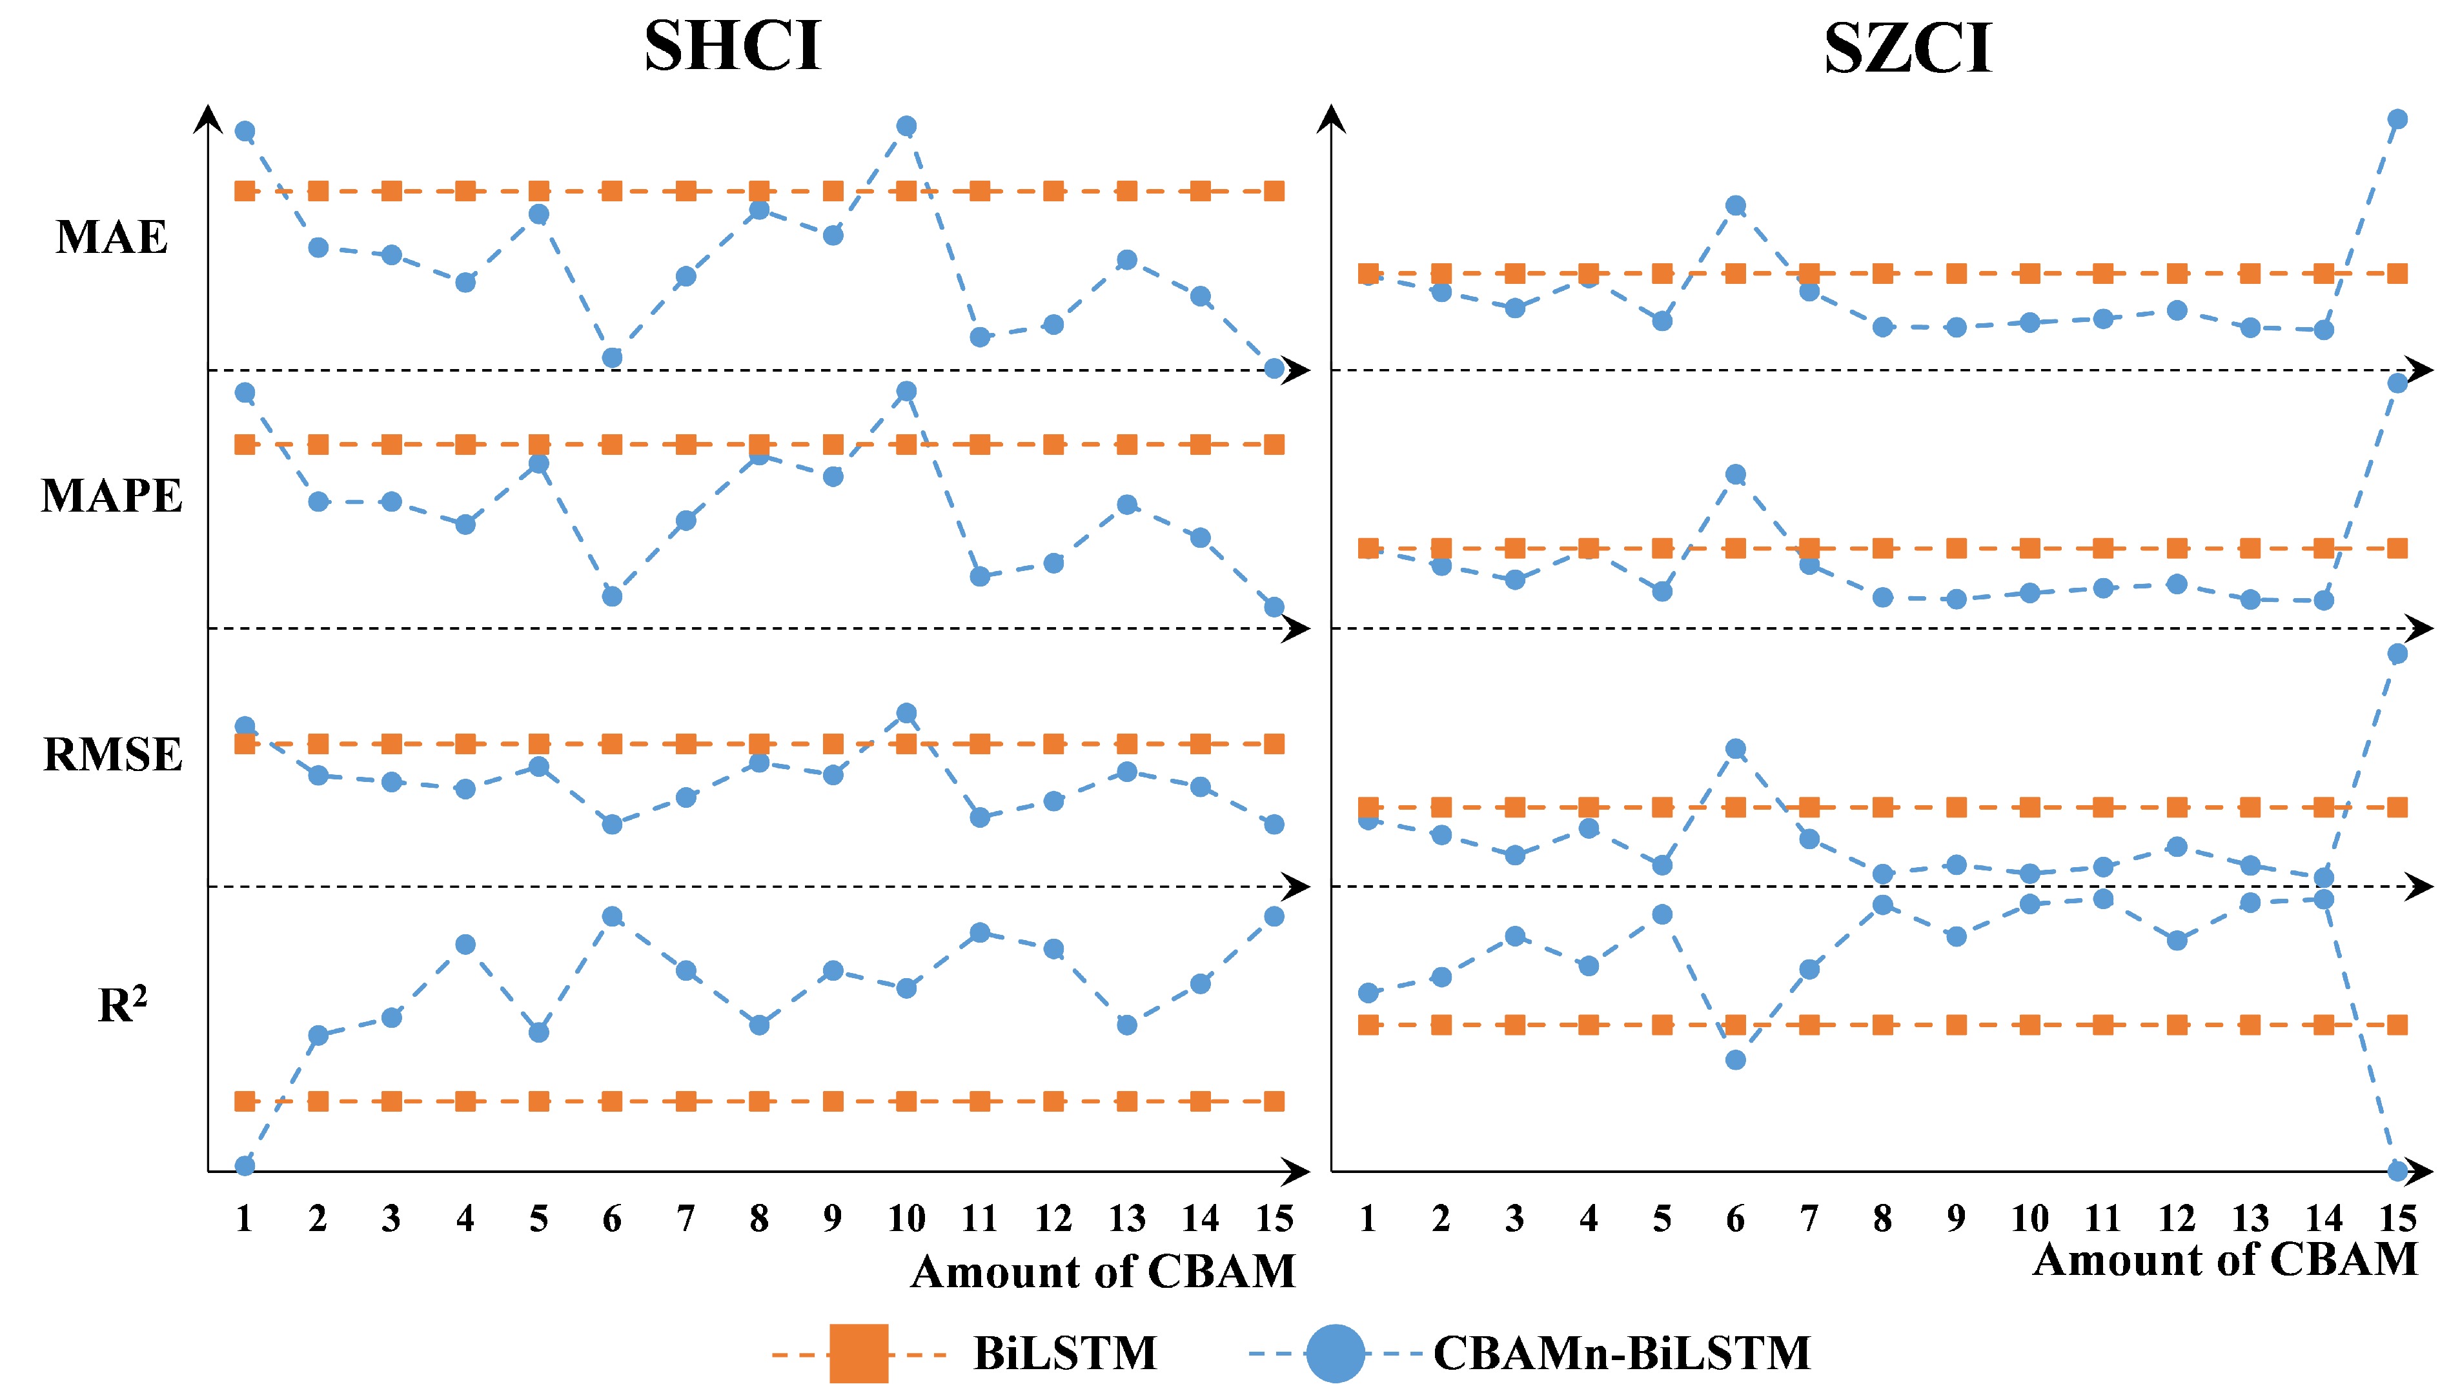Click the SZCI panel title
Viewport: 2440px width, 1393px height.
pos(1907,48)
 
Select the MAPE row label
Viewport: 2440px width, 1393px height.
pos(111,496)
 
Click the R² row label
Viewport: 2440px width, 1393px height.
pos(123,1005)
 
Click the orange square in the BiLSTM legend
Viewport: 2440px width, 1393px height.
pos(859,1353)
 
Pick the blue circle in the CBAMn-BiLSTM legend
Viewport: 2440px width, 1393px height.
pos(1335,1353)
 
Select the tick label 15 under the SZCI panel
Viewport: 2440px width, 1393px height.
pos(2397,1218)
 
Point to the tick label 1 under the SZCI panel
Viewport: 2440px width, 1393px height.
pos(1367,1218)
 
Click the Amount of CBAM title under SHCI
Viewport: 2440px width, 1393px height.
pos(1103,1272)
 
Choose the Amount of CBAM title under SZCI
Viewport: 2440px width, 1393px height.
pos(2224,1259)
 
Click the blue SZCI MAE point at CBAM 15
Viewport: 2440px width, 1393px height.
pos(2397,119)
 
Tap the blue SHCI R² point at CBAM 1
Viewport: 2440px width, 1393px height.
pos(245,1165)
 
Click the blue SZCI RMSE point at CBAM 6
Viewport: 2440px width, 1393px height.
pos(1736,749)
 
